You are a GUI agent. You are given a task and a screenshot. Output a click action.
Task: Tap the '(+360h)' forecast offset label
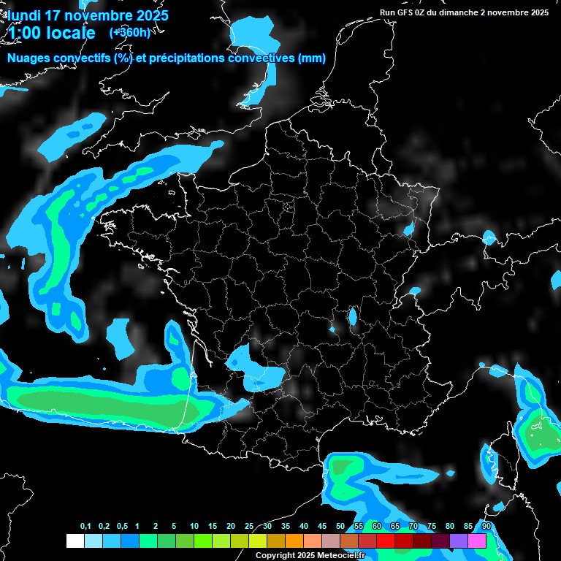pyautogui.click(x=129, y=32)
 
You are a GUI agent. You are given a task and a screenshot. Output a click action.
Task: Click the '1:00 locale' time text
pyautogui.click(x=51, y=33)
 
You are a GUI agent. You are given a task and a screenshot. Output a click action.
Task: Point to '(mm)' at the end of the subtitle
pyautogui.click(x=311, y=58)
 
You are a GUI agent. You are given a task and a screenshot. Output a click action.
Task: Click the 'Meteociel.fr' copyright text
pyautogui.click(x=344, y=556)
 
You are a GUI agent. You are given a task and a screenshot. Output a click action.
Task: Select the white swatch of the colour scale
pyautogui.click(x=75, y=541)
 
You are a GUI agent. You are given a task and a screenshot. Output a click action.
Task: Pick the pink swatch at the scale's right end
pyautogui.click(x=477, y=541)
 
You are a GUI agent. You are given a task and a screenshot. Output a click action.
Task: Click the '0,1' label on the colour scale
pyautogui.click(x=85, y=527)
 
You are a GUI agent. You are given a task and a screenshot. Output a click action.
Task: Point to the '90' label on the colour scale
pyautogui.click(x=486, y=527)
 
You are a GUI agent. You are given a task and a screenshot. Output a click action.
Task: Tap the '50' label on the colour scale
pyautogui.click(x=340, y=527)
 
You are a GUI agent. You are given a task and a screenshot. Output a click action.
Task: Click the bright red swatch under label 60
pyautogui.click(x=386, y=541)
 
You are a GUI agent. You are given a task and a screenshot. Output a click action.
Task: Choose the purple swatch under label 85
pyautogui.click(x=459, y=541)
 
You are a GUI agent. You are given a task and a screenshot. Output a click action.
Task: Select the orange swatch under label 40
pyautogui.click(x=313, y=541)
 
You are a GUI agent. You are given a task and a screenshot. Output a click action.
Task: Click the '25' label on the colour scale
pyautogui.click(x=249, y=527)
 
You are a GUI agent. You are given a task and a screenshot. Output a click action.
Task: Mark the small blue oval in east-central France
pyautogui.click(x=353, y=316)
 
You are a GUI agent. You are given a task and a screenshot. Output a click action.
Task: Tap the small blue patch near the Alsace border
pyautogui.click(x=408, y=230)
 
